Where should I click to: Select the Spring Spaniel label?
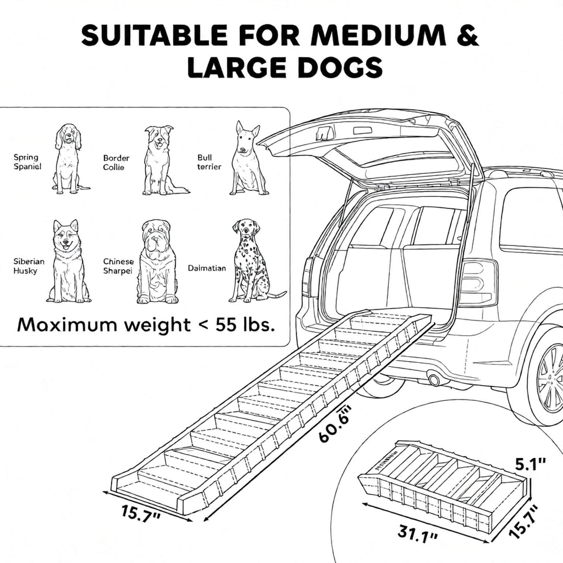point(27,162)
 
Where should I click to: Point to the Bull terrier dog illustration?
point(248,158)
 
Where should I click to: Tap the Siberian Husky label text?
point(29,266)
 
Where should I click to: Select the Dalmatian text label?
point(207,268)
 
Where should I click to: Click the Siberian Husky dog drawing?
point(69,261)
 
